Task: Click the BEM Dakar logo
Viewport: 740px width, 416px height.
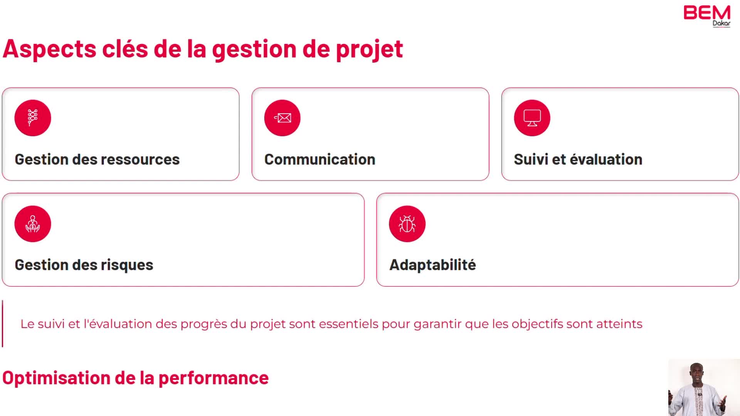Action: (x=707, y=16)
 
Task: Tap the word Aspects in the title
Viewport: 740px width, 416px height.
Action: (x=49, y=49)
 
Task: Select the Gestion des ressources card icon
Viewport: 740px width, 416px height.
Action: (x=33, y=118)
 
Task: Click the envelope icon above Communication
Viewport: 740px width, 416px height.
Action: (x=283, y=118)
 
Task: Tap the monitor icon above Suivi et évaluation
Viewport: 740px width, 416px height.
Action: (x=532, y=118)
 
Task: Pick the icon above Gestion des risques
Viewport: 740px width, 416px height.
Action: (x=33, y=224)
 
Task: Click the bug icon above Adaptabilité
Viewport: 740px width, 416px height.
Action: (x=407, y=224)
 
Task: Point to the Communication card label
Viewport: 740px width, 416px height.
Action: (x=320, y=159)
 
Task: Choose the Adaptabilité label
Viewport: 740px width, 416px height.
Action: (x=433, y=265)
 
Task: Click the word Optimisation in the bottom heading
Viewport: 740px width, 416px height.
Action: (x=56, y=378)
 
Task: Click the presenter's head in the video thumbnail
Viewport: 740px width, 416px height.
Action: (x=697, y=372)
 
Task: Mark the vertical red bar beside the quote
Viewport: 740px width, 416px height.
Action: (x=3, y=324)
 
